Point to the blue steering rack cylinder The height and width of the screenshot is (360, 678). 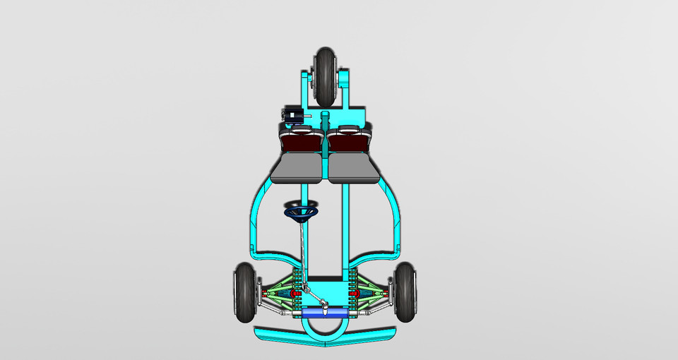pyautogui.click(x=326, y=312)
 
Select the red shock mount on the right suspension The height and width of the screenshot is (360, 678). pyautogui.click(x=355, y=292)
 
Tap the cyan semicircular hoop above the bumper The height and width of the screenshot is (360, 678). pyautogui.click(x=325, y=329)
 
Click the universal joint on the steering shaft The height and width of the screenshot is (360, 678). pyautogui.click(x=322, y=304)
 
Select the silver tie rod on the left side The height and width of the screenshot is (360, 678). pyautogui.click(x=275, y=310)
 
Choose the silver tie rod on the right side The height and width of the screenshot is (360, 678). pyautogui.click(x=374, y=309)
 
